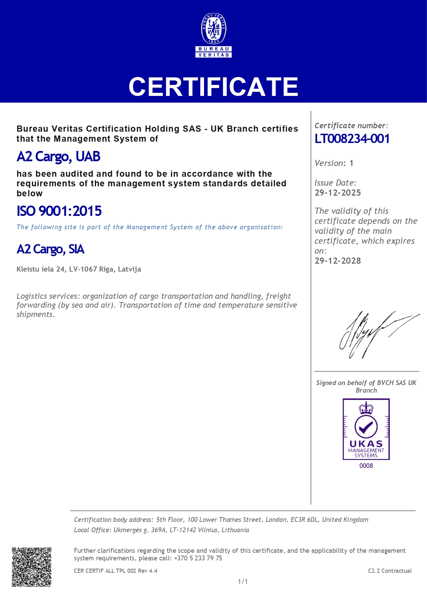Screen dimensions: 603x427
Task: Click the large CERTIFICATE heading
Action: coord(213,87)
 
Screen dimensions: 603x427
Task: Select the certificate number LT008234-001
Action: coord(352,139)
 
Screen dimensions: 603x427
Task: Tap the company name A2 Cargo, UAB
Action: coord(58,157)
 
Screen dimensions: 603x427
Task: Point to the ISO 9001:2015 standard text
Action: coord(59,211)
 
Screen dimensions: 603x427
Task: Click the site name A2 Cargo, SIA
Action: coord(51,249)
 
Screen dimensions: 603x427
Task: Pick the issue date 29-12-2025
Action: coord(338,193)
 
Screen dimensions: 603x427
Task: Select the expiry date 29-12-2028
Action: coord(338,261)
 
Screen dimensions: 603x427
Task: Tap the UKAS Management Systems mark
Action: coord(366,429)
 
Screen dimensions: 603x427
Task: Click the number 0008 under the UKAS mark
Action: coord(366,466)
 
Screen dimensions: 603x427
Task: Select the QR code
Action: coord(32,567)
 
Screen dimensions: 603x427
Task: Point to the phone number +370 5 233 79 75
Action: coord(198,558)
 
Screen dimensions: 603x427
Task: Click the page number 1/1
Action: coord(243,582)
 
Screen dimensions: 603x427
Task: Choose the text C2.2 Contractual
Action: coord(390,571)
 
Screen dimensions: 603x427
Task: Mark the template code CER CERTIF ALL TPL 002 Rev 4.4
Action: coord(116,571)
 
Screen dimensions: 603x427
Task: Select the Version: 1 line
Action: coord(334,163)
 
